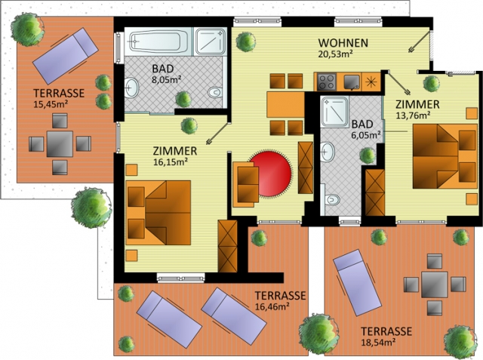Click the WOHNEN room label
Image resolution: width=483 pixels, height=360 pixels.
pyautogui.click(x=343, y=43)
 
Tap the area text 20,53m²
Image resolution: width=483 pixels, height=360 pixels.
pyautogui.click(x=335, y=54)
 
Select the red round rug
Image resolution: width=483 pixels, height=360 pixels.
pyautogui.click(x=270, y=174)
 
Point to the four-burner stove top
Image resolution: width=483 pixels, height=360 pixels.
pyautogui.click(x=326, y=82)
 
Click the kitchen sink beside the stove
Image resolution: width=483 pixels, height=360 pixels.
pyautogui.click(x=352, y=82)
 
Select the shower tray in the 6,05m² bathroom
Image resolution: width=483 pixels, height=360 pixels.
pyautogui.click(x=334, y=112)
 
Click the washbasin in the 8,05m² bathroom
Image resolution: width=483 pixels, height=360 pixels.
pyautogui.click(x=131, y=88)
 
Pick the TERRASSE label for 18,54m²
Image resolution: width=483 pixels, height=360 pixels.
pyautogui.click(x=386, y=331)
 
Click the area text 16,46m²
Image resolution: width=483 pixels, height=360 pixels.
pyautogui.click(x=272, y=306)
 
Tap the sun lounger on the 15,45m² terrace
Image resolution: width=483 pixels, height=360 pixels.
pyautogui.click(x=66, y=56)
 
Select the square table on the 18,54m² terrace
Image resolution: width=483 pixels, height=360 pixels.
pyautogui.click(x=435, y=285)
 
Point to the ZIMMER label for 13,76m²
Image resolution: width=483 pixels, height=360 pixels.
pyautogui.click(x=417, y=104)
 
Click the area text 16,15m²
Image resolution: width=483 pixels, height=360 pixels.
pyautogui.click(x=171, y=162)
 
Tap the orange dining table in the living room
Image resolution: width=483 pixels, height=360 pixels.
pyautogui.click(x=285, y=104)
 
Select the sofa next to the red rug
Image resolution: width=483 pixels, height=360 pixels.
pyautogui.click(x=246, y=184)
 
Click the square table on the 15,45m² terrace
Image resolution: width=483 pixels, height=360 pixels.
pyautogui.click(x=60, y=144)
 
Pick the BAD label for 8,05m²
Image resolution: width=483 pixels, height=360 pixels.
pyautogui.click(x=163, y=69)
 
